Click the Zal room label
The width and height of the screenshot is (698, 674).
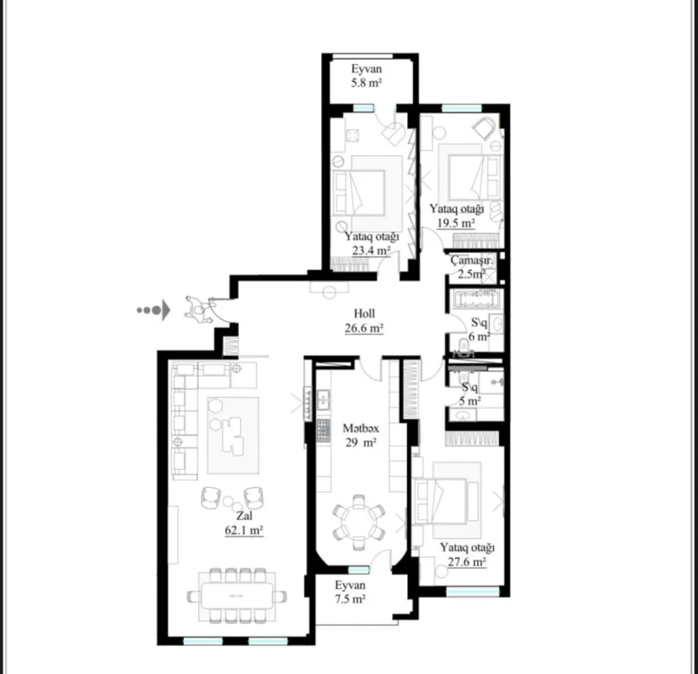coord(244,516)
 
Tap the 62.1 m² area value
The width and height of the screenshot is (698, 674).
coord(244,531)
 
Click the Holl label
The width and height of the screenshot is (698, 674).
coord(365,313)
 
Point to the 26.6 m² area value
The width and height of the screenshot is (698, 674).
coord(365,328)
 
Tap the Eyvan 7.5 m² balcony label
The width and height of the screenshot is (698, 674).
coord(350,586)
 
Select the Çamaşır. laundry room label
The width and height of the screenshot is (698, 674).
coord(470,260)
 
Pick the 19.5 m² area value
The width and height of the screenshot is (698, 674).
coord(456,223)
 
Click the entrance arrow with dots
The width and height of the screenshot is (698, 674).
coord(154,310)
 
